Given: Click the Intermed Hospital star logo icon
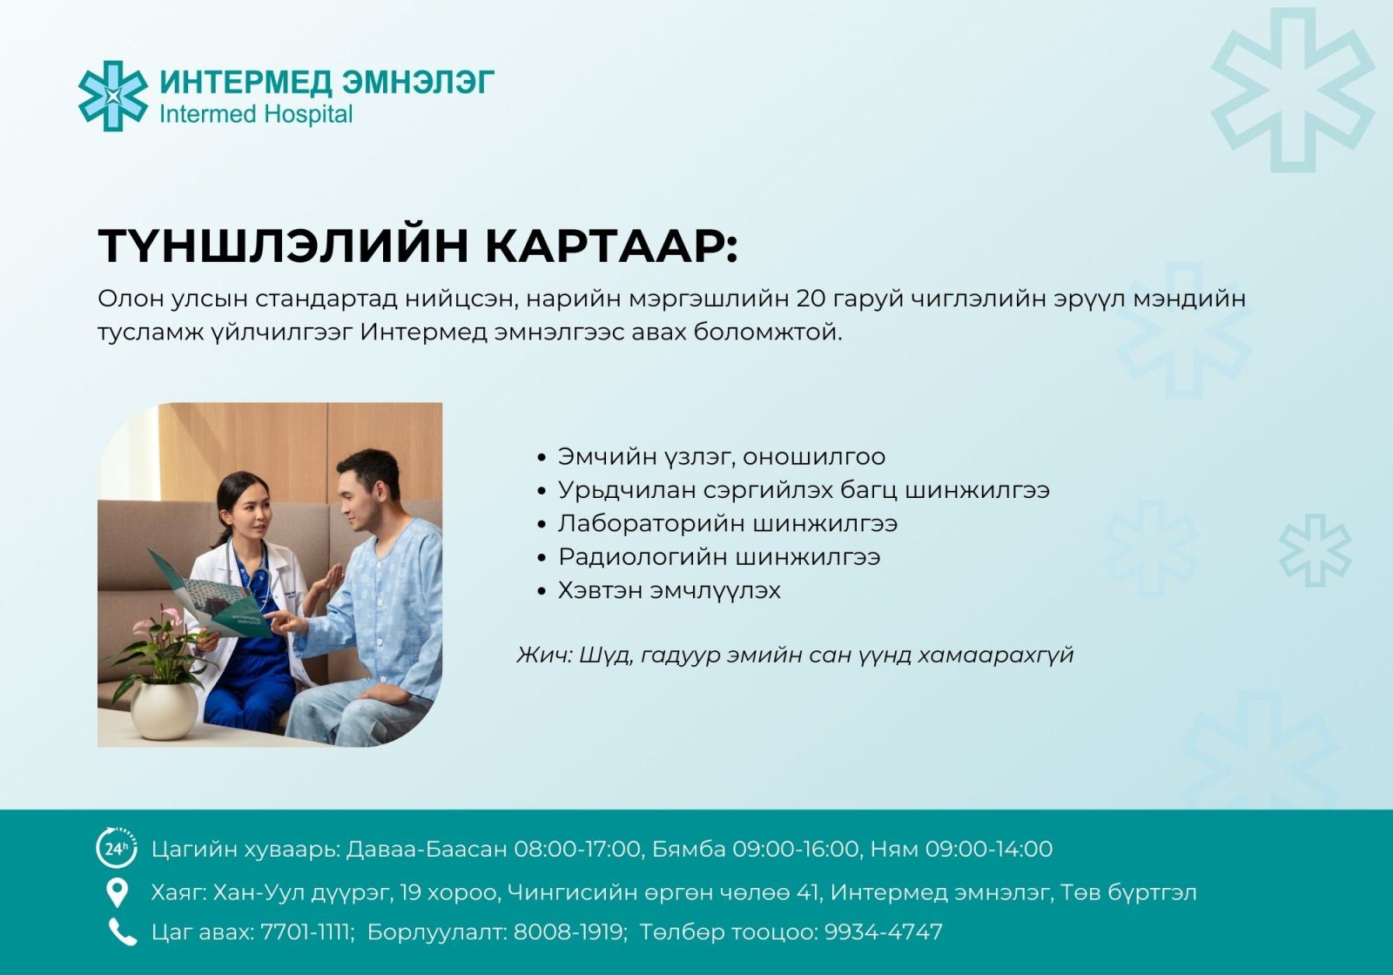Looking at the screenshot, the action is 113,96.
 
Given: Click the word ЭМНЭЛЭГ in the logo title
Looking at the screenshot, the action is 419,82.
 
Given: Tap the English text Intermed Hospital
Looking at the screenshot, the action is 256,114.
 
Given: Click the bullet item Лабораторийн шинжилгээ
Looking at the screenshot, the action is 728,523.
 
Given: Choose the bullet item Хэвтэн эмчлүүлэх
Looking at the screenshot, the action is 670,590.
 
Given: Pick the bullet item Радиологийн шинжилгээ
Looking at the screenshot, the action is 719,557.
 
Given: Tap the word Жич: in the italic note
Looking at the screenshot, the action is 544,655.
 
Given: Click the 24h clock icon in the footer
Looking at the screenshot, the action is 117,848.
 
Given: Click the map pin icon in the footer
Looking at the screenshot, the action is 117,893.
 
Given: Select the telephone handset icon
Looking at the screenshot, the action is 123,932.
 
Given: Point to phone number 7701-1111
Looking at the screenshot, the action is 306,932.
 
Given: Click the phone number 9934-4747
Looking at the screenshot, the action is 884,932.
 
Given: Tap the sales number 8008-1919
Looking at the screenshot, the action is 569,932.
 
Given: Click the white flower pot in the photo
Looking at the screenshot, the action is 165,710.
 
